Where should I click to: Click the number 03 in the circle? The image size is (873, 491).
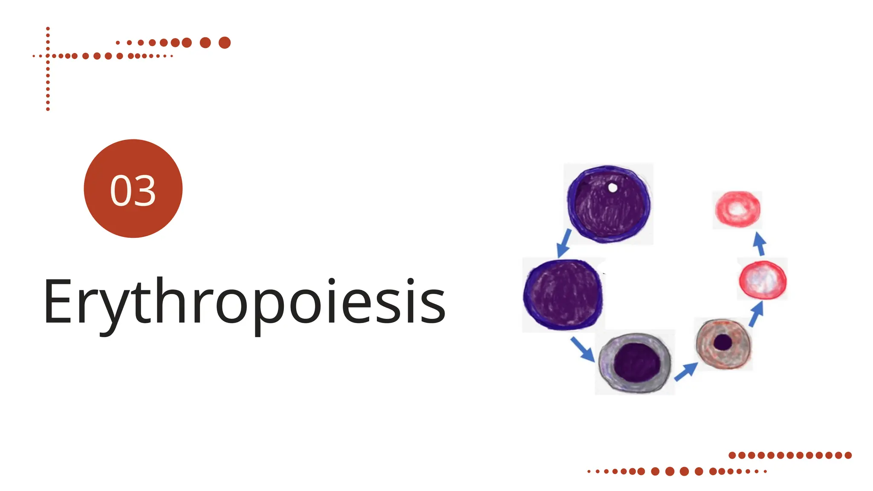(x=133, y=190)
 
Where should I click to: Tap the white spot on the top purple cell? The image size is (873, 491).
(x=613, y=188)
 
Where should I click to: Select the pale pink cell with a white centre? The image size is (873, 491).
(x=737, y=209)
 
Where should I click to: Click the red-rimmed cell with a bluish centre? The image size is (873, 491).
(x=763, y=280)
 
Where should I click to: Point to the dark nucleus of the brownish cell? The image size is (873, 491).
(x=723, y=342)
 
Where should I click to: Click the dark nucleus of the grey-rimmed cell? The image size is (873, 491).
(x=637, y=362)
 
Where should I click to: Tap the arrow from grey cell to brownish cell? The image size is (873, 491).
(x=686, y=371)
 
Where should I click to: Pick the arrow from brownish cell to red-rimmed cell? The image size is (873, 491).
(x=756, y=314)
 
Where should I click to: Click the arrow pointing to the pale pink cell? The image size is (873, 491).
(x=759, y=244)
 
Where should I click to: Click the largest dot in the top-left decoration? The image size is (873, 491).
(x=225, y=43)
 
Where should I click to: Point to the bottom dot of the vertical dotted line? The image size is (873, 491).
(x=48, y=109)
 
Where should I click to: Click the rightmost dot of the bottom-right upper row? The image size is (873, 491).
(x=848, y=455)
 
